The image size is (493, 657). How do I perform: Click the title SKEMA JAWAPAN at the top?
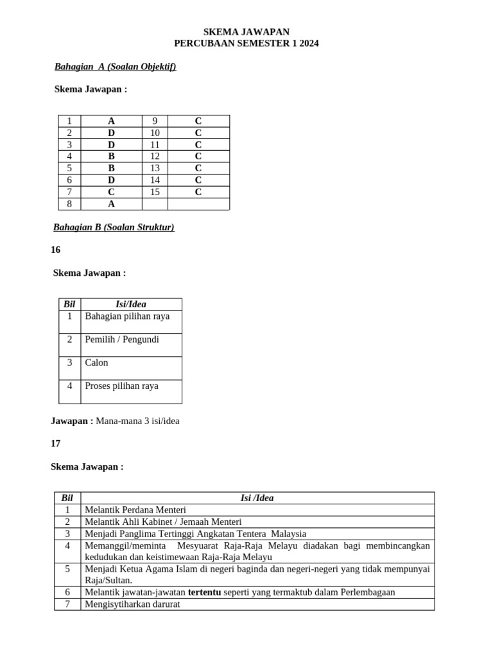pyautogui.click(x=246, y=31)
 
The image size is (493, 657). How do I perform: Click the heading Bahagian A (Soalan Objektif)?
pyautogui.click(x=115, y=67)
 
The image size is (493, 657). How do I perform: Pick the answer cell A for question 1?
pyautogui.click(x=111, y=121)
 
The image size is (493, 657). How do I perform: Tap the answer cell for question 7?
pyautogui.click(x=111, y=192)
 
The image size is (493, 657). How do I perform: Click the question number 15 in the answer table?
pyautogui.click(x=155, y=192)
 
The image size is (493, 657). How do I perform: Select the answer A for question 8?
pyautogui.click(x=111, y=204)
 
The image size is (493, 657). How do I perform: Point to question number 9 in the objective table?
pyautogui.click(x=155, y=121)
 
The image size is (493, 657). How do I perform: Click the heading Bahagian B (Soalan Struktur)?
pyautogui.click(x=114, y=227)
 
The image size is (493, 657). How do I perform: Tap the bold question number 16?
pyautogui.click(x=56, y=250)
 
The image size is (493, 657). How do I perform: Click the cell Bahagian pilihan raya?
pyautogui.click(x=127, y=316)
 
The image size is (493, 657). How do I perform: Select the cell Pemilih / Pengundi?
pyautogui.click(x=122, y=339)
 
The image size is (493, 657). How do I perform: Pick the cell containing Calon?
pyautogui.click(x=97, y=363)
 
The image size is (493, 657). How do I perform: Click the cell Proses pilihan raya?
pyautogui.click(x=121, y=386)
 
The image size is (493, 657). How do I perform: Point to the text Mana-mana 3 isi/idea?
pyautogui.click(x=137, y=421)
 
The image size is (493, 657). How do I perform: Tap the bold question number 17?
pyautogui.click(x=56, y=443)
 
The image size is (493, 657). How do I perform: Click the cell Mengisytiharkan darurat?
pyautogui.click(x=133, y=604)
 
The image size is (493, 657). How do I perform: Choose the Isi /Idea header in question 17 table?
pyautogui.click(x=257, y=498)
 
